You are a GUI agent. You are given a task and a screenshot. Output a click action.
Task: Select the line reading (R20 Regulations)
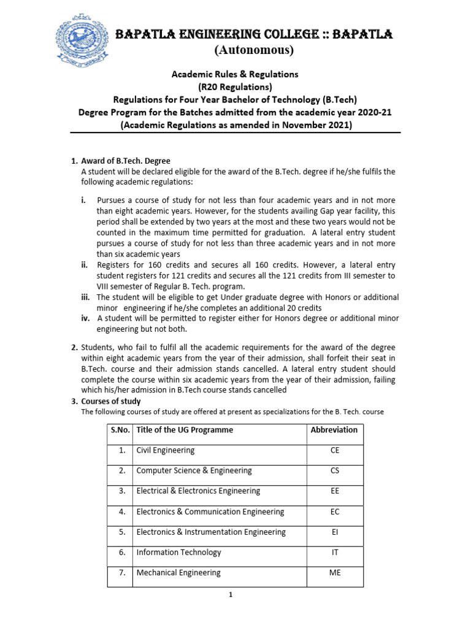tap(234, 86)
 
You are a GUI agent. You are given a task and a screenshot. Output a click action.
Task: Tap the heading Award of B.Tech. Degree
tap(121, 161)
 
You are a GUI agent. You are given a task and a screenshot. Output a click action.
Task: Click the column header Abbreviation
tap(334, 430)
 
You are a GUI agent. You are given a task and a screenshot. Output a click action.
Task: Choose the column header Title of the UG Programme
tap(185, 430)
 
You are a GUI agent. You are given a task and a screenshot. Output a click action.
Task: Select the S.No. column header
tap(120, 430)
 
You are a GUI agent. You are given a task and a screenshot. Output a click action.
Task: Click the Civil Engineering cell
tap(166, 450)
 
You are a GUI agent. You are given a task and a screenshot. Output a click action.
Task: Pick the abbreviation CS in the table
tap(334, 471)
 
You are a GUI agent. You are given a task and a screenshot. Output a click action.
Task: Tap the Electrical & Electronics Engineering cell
tap(198, 491)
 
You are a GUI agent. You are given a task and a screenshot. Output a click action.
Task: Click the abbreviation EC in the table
tap(334, 511)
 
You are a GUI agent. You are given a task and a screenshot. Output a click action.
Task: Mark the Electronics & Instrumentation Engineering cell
tap(211, 532)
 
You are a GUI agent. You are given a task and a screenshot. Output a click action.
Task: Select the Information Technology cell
tap(179, 553)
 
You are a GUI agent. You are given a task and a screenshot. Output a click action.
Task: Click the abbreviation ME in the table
tap(334, 573)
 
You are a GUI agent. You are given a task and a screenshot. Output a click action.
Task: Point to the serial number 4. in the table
tap(122, 511)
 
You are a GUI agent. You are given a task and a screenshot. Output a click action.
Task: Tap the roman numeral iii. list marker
tap(86, 297)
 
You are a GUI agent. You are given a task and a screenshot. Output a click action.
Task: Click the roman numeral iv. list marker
tap(86, 318)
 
